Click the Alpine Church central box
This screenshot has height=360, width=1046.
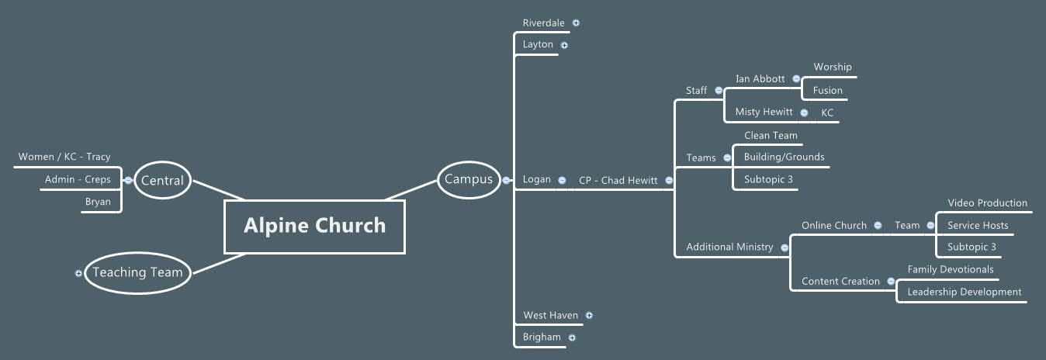pos(314,226)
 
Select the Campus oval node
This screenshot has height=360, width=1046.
pos(468,180)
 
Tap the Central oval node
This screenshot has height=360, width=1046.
pos(162,181)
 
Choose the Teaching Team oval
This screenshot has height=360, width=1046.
pos(137,272)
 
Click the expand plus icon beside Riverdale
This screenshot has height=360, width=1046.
pos(576,22)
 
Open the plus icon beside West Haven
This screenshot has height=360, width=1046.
pos(589,315)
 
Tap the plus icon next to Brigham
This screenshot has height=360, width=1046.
pos(572,337)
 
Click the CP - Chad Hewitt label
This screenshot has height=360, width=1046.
pos(618,181)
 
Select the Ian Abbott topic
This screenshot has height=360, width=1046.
pos(760,79)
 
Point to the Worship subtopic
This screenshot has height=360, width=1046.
pos(832,67)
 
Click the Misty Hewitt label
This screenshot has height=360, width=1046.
pos(764,112)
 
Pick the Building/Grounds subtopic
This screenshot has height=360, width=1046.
pos(784,157)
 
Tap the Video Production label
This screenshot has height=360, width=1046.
pos(987,203)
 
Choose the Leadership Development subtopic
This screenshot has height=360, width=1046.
pos(964,292)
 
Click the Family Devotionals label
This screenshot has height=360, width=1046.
pos(950,270)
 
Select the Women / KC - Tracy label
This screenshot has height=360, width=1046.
pos(64,157)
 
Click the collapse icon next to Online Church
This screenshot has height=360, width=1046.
pos(878,226)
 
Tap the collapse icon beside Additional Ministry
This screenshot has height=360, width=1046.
pos(784,247)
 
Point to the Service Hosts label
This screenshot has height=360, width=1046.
pos(978,226)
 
